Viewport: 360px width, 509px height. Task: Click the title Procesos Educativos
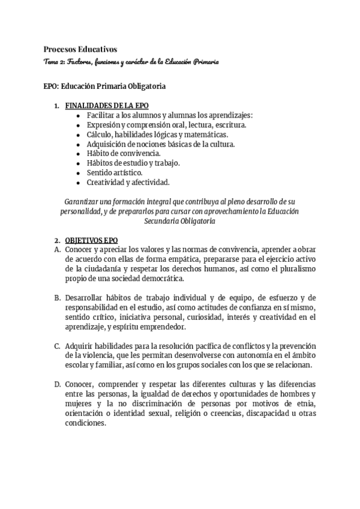tap(80, 49)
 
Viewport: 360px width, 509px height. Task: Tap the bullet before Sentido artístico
tap(80, 173)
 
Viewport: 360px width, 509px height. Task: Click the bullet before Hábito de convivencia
tap(80, 154)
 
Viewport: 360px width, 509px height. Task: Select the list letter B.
tap(57, 298)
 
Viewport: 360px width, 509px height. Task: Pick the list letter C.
tap(57, 346)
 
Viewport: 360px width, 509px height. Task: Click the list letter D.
tap(57, 384)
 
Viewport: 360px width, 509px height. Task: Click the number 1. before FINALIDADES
tap(57, 106)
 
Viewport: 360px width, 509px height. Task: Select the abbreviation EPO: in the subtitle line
tap(50, 86)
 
